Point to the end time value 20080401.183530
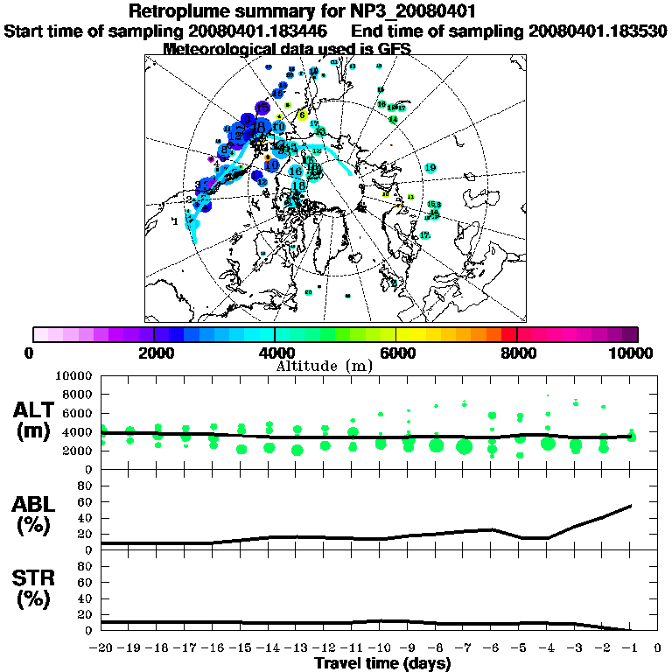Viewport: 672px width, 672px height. coord(598,31)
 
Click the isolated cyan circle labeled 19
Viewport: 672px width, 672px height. coord(430,168)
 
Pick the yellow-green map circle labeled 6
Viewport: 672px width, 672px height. coord(302,115)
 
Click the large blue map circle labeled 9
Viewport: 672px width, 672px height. coord(248,120)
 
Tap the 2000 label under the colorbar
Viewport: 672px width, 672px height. coord(153,353)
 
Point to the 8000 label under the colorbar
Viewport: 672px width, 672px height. coord(516,353)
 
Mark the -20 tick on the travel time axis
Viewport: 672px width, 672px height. coord(101,648)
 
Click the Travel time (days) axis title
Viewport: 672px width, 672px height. coord(382,664)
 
